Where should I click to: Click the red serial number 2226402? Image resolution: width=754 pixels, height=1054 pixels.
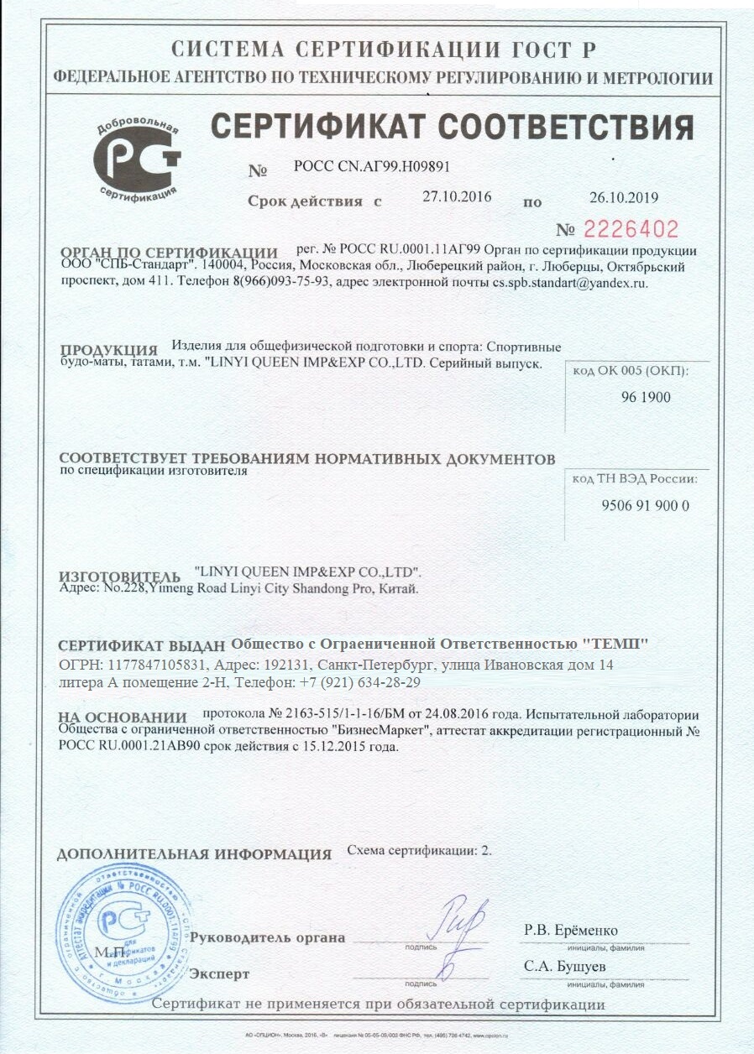(630, 229)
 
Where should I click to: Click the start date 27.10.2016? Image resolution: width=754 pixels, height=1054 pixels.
(457, 197)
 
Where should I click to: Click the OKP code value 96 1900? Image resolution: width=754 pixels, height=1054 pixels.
(646, 397)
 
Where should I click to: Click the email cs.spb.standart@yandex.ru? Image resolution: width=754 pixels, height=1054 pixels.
(570, 283)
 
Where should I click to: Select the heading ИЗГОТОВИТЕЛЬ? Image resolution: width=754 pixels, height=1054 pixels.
(119, 577)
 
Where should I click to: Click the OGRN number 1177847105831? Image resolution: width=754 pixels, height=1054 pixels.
(154, 665)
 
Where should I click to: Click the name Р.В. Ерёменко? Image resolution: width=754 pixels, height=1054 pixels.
(571, 931)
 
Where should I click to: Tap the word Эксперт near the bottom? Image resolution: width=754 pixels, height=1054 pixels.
(220, 973)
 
